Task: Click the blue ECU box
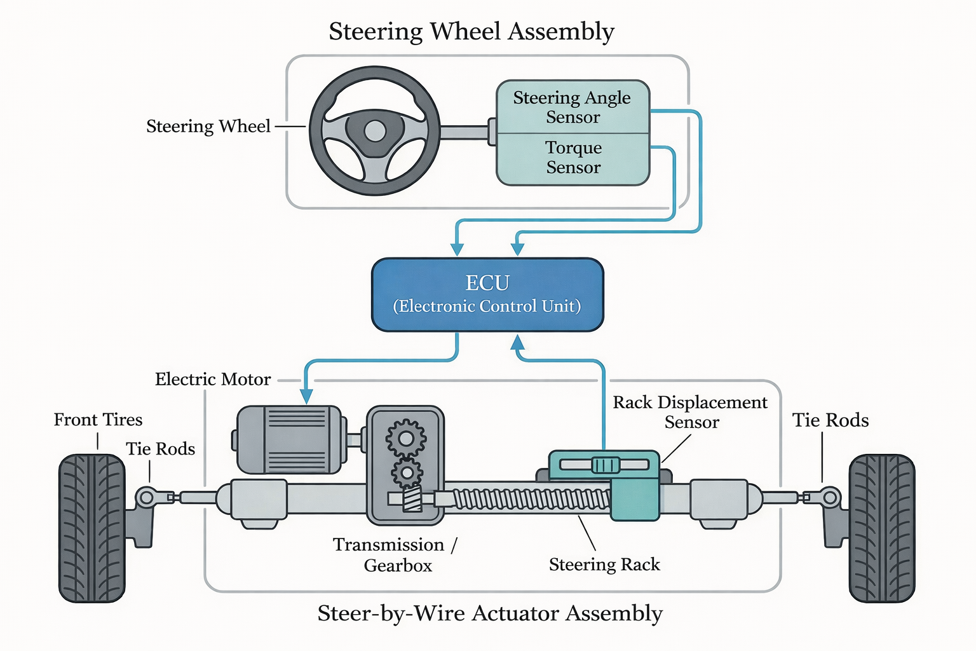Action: pyautogui.click(x=487, y=294)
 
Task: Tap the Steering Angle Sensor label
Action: pyautogui.click(x=572, y=107)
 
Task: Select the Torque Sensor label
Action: pyautogui.click(x=573, y=158)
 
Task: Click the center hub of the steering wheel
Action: pyautogui.click(x=375, y=131)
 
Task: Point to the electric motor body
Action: pyautogui.click(x=289, y=439)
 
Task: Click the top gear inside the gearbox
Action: pyautogui.click(x=405, y=437)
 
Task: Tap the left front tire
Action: pyautogui.click(x=91, y=528)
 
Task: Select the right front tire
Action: pyautogui.click(x=882, y=528)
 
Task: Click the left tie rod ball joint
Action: pyautogui.click(x=146, y=497)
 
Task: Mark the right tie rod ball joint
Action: pyautogui.click(x=830, y=497)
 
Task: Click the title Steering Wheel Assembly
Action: pyautogui.click(x=471, y=31)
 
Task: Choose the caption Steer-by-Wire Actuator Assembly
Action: pyautogui.click(x=490, y=613)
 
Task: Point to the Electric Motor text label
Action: pyautogui.click(x=213, y=380)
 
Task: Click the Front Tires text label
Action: pyautogui.click(x=98, y=420)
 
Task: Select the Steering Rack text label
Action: pyautogui.click(x=604, y=565)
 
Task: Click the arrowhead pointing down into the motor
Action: pyautogui.click(x=306, y=396)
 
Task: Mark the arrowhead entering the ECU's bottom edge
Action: pyautogui.click(x=518, y=343)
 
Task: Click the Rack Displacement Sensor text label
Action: pyautogui.click(x=690, y=412)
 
